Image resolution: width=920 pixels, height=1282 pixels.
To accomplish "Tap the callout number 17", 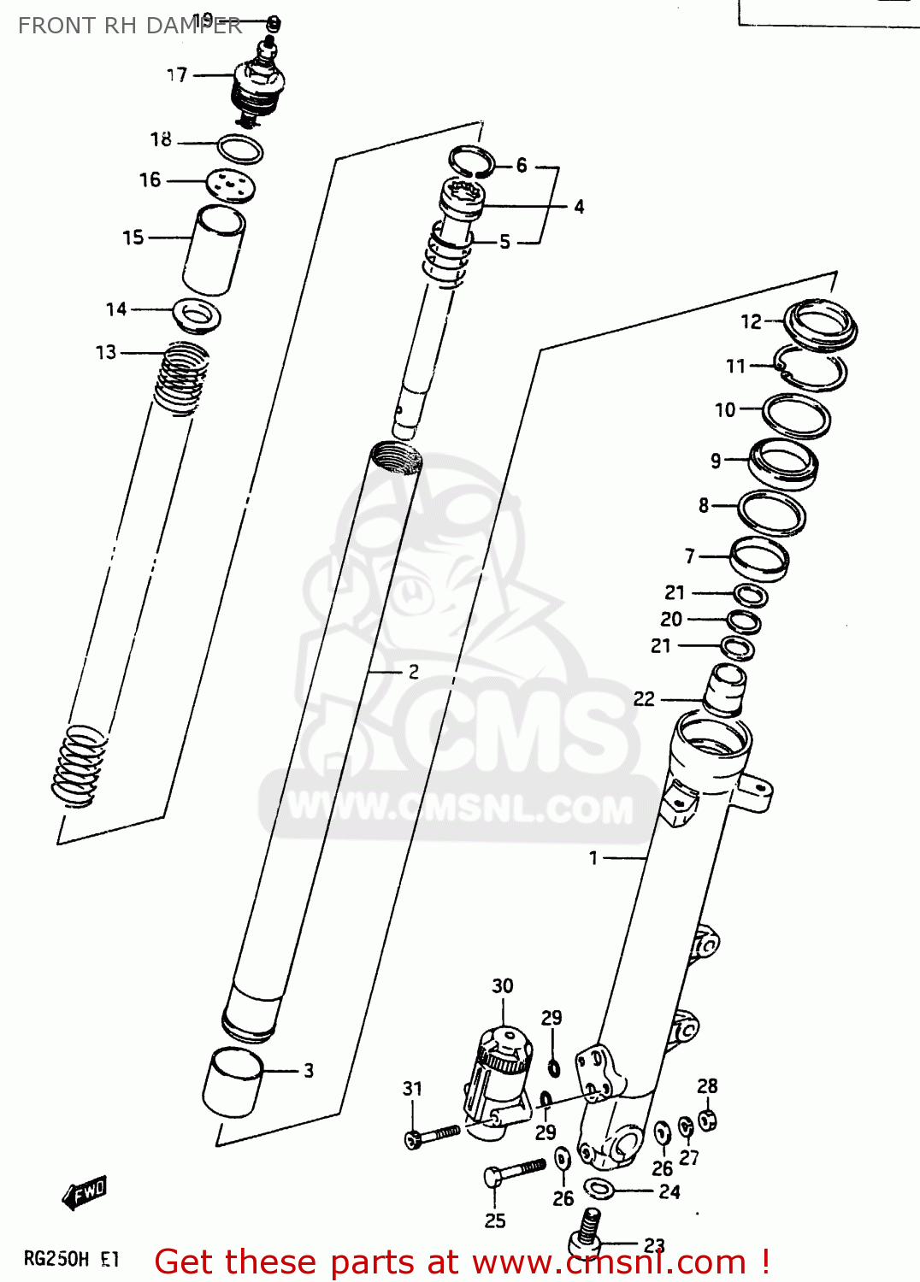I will (176, 75).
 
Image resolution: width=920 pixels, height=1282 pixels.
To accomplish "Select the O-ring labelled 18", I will (239, 150).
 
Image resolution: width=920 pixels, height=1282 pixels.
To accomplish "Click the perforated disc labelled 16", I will (231, 185).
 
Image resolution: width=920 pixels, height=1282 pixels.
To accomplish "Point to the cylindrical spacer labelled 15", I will (214, 250).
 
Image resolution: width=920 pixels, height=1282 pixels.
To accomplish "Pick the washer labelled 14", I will (198, 315).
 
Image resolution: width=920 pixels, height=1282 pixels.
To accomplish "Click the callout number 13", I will (105, 352).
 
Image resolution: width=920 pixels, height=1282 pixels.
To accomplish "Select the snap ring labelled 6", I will (472, 160).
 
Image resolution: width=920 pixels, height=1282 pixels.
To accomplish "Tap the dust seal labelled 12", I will (821, 325).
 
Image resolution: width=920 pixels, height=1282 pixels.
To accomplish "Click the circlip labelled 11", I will (811, 368).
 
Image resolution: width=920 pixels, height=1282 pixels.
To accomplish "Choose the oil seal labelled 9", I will (782, 462).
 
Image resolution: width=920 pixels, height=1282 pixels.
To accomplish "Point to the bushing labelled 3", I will (233, 1082).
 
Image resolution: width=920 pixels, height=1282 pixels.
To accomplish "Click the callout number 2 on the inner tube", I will (413, 672).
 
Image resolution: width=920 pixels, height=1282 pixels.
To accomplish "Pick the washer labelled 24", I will (599, 1187).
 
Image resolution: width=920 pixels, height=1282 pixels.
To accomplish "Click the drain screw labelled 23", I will (587, 1231).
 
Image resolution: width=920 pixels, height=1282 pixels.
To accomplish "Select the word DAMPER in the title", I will (198, 26).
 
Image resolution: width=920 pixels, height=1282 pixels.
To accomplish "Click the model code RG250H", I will (56, 1259).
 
